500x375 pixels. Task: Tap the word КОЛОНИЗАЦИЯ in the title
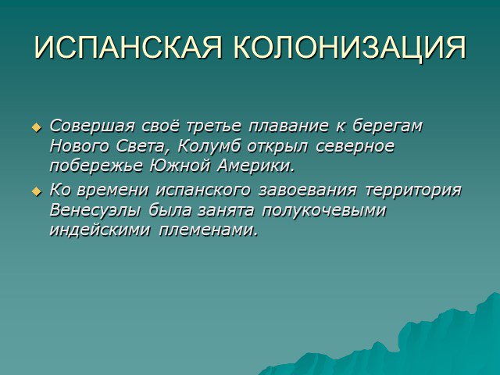(350, 48)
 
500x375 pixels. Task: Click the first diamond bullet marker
(37, 128)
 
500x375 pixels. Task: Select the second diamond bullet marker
(37, 191)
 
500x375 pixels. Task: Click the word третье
(213, 126)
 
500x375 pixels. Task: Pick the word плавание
(288, 127)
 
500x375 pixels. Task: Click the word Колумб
(209, 146)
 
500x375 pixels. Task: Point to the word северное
(355, 147)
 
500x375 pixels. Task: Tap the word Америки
(255, 166)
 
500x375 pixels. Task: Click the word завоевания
(307, 191)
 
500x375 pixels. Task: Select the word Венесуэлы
(95, 211)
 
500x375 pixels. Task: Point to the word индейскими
(100, 230)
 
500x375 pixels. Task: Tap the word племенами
(208, 230)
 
